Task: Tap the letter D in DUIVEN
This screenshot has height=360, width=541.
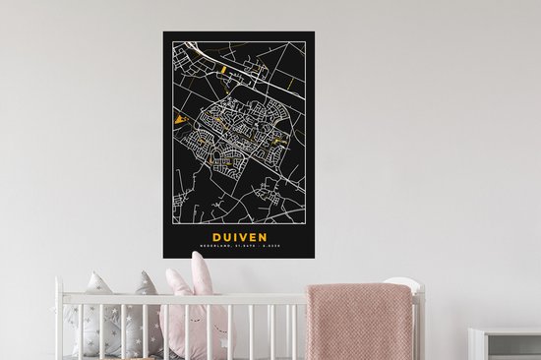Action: (x=218, y=236)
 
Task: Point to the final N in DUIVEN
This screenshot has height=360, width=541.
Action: (x=267, y=236)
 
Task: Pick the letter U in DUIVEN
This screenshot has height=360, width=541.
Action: (x=229, y=236)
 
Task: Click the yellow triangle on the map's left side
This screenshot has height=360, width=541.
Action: (x=179, y=121)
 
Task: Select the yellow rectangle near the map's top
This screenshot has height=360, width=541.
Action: (x=222, y=71)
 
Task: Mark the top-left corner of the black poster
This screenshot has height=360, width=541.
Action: (x=164, y=31)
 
